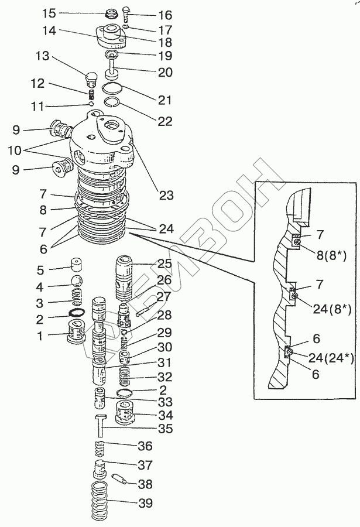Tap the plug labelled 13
coord(91,78)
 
